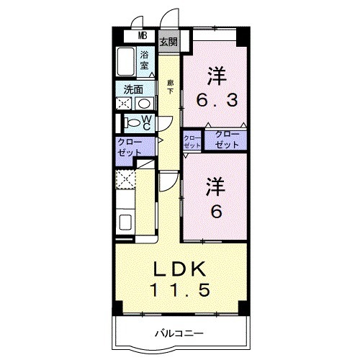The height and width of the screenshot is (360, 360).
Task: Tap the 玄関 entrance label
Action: pos(168,42)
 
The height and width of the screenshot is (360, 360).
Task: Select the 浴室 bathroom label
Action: pos(144,60)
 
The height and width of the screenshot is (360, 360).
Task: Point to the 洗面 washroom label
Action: pos(133,90)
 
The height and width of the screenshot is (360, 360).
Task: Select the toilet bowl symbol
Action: pos(132,122)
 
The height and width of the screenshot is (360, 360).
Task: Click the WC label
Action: pos(145,122)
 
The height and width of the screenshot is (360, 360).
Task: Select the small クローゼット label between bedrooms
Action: pos(192,141)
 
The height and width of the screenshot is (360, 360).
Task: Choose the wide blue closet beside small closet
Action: pos(226,140)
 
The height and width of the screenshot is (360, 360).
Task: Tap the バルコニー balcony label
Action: pos(179,333)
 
